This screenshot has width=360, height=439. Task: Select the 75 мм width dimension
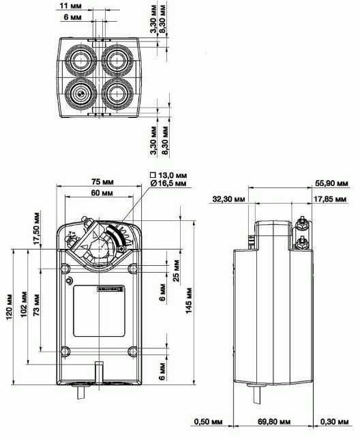[x=102, y=182]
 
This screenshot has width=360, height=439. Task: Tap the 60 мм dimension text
[x=102, y=194]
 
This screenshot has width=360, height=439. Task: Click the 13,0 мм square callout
[x=170, y=175]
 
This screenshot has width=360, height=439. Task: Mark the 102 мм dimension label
[x=25, y=306]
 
